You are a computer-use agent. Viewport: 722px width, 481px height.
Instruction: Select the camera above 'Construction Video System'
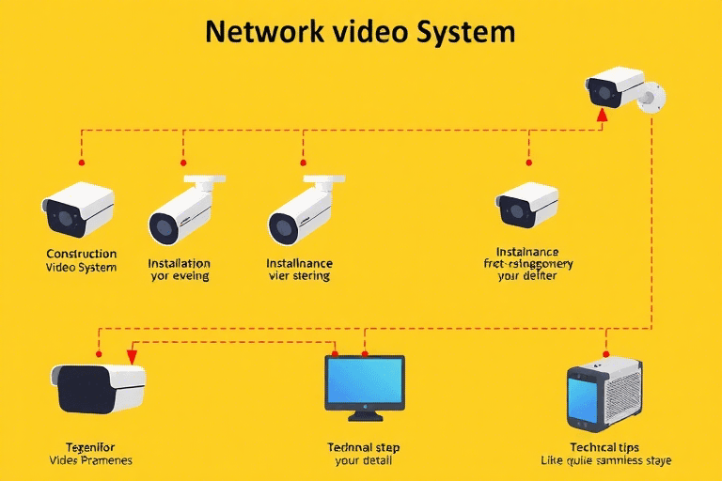tap(78, 209)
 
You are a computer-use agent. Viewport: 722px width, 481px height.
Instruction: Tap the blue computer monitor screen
tap(365, 380)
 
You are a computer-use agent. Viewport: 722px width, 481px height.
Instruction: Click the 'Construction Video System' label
tap(81, 261)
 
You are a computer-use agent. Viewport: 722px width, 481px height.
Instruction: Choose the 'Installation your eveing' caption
tap(179, 271)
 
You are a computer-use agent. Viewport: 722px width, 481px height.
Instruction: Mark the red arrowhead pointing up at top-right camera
tap(603, 115)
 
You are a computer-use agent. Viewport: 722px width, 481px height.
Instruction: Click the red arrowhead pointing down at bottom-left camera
tap(132, 356)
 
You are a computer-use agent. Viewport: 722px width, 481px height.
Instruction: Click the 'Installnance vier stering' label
tap(299, 271)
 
